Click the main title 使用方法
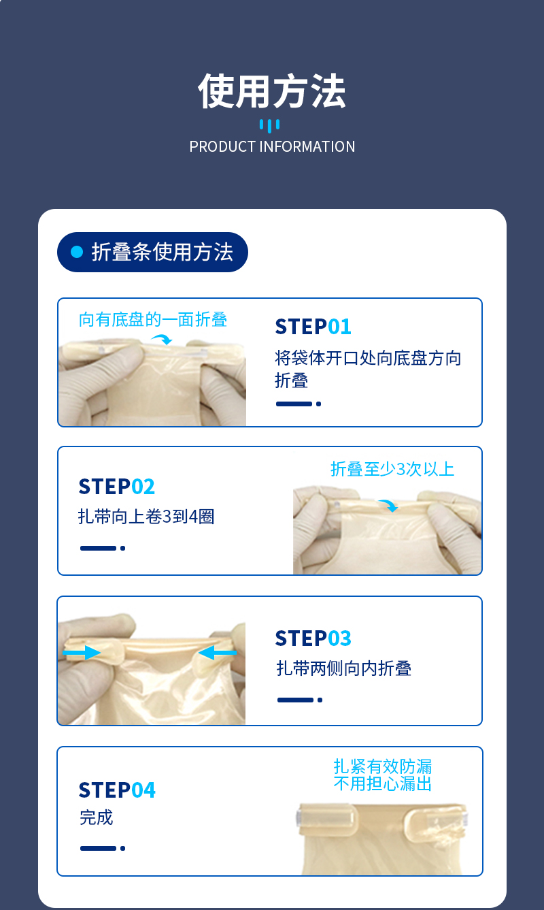tap(271, 91)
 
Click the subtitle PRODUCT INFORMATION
tap(272, 146)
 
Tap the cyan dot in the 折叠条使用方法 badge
tap(77, 252)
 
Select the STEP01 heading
tap(313, 327)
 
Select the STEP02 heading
tap(116, 487)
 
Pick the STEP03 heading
tap(313, 638)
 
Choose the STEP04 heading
tap(117, 790)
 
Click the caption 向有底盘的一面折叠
tap(152, 320)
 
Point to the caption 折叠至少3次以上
tap(392, 469)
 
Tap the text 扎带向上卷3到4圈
tap(146, 517)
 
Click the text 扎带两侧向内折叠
tap(344, 668)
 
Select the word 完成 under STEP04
tap(96, 817)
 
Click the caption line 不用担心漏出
tap(382, 783)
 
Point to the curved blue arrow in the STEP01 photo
tap(163, 338)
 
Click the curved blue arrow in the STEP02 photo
tap(389, 505)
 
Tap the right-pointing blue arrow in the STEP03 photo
tap(82, 653)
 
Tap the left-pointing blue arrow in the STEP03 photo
tap(217, 653)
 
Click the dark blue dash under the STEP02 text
tap(98, 549)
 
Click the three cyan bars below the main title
tap(269, 125)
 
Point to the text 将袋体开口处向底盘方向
tap(368, 358)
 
